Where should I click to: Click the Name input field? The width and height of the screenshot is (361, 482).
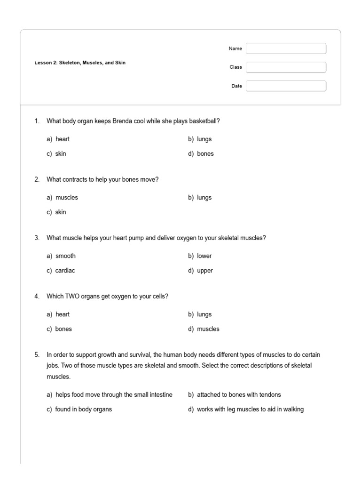tap(286, 48)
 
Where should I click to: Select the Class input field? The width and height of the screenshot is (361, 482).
tap(286, 67)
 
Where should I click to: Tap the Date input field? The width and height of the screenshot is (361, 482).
tap(286, 86)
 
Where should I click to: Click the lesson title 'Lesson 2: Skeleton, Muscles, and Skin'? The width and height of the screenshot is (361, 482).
tap(80, 63)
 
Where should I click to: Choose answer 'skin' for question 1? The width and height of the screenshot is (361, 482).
tap(61, 154)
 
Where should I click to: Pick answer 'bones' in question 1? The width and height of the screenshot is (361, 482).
tap(205, 154)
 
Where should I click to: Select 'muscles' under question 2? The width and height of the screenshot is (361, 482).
tap(66, 198)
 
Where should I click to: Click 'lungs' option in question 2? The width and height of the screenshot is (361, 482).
tap(204, 198)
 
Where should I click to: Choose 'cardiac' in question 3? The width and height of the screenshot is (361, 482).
tap(65, 271)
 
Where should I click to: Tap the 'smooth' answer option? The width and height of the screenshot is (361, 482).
tap(65, 256)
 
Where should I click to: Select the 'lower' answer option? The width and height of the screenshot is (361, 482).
tap(204, 256)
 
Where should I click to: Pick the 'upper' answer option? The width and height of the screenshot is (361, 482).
tap(204, 271)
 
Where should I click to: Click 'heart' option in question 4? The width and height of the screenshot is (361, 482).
tap(62, 314)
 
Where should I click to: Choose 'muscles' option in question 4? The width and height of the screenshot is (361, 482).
tap(208, 329)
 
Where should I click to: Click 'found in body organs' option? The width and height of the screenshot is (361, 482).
tap(83, 410)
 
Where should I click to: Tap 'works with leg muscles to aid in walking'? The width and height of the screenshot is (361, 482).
tap(250, 410)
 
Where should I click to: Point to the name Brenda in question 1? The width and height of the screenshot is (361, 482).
tap(122, 121)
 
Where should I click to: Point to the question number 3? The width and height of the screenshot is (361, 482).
tap(37, 238)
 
